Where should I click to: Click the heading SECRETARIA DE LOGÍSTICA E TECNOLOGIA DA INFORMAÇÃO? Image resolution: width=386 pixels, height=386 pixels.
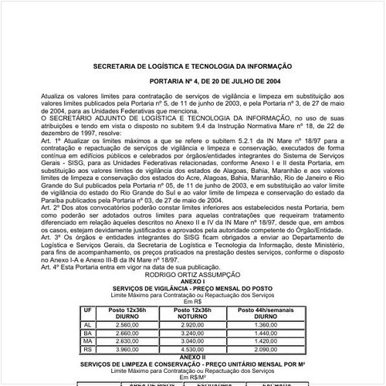click(x=192, y=67)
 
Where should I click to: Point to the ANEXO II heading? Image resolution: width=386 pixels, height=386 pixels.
click(x=193, y=357)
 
